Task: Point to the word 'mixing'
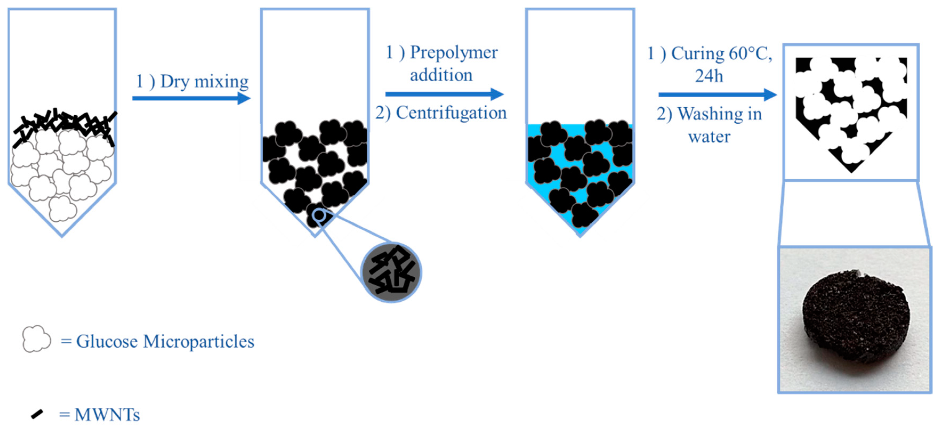pyautogui.click(x=221, y=82)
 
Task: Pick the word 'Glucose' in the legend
pyautogui.click(x=107, y=342)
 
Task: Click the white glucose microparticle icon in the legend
pyautogui.click(x=36, y=339)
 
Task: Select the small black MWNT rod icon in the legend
pyautogui.click(x=37, y=414)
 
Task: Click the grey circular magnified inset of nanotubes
pyautogui.click(x=391, y=272)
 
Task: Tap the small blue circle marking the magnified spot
pyautogui.click(x=319, y=215)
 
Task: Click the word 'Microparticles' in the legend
pyautogui.click(x=198, y=342)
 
